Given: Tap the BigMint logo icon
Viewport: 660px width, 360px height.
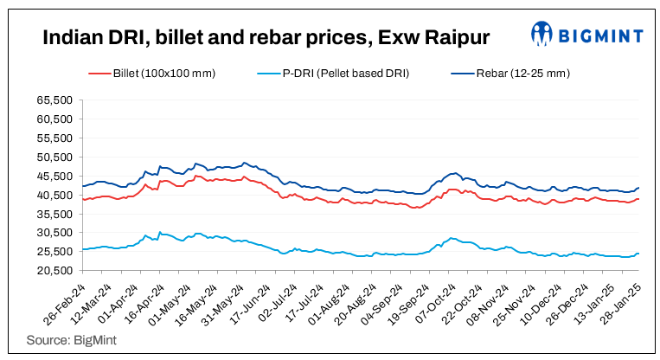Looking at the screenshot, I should tap(543, 35).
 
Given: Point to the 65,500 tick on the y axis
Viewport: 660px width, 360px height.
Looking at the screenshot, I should tap(54, 100).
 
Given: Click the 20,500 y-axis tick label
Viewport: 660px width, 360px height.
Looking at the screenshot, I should tap(54, 270).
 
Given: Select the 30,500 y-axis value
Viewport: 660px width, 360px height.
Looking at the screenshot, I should tap(54, 232).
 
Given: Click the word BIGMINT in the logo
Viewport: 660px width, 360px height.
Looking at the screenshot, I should tap(602, 35).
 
